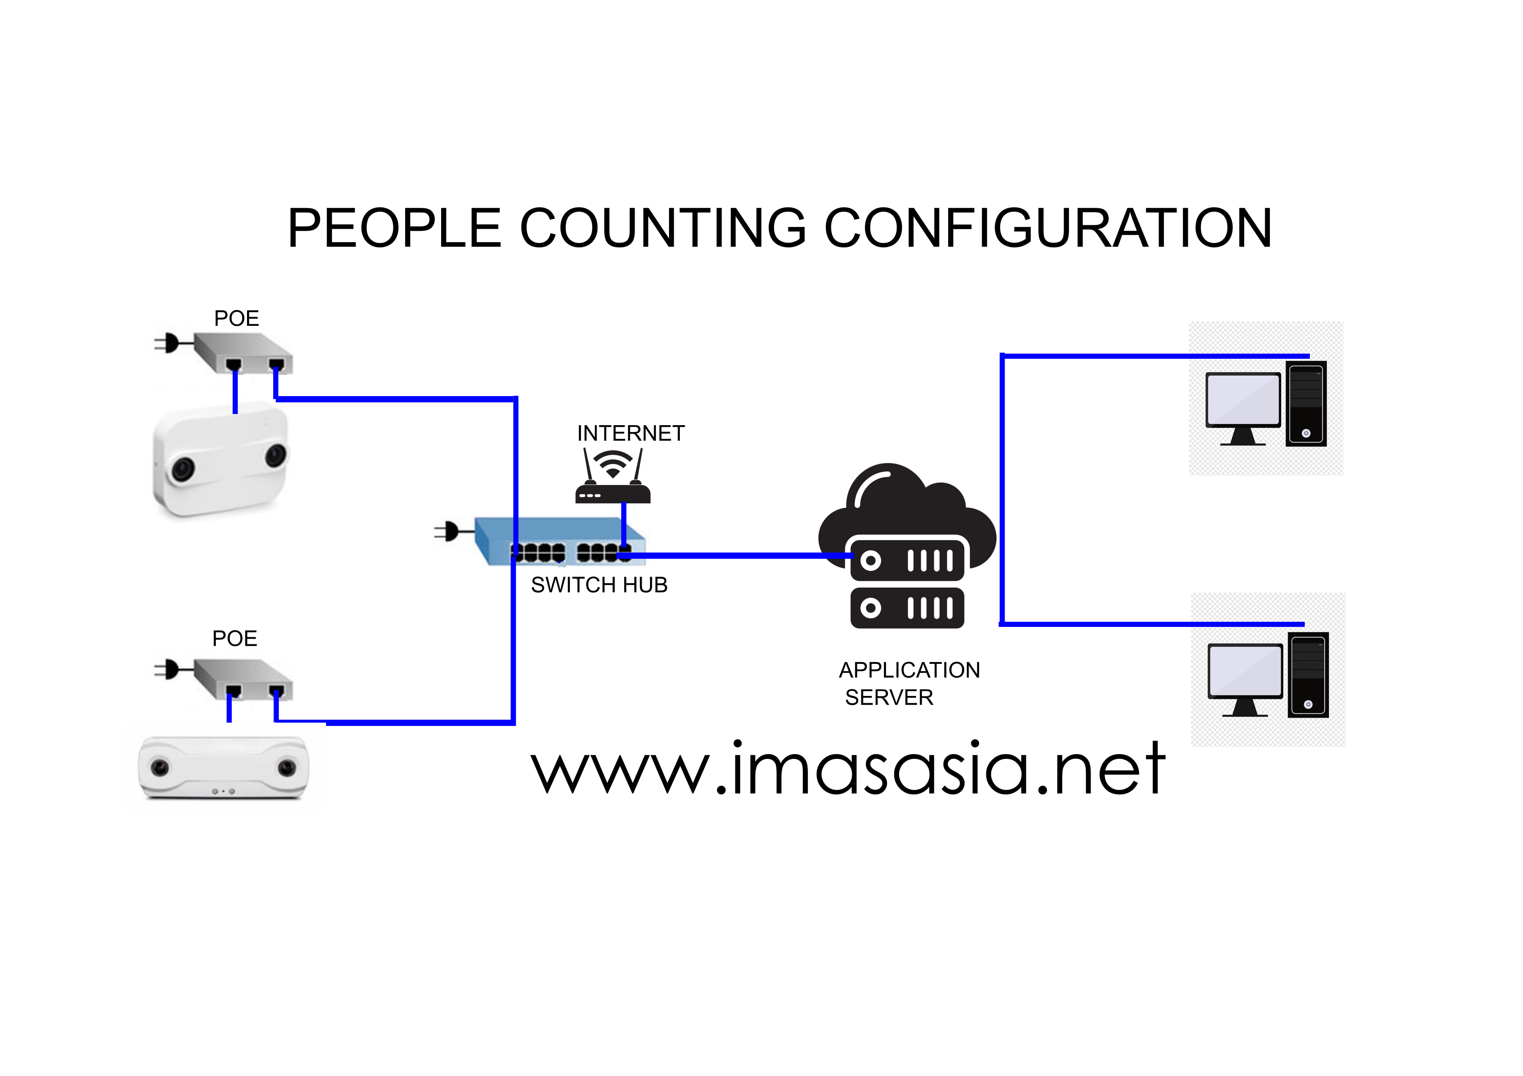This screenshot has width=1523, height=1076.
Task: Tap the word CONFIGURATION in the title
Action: (1048, 228)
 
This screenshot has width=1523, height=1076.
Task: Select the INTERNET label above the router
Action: (630, 433)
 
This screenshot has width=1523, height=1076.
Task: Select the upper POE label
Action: (236, 319)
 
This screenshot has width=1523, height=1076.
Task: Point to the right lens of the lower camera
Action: (287, 768)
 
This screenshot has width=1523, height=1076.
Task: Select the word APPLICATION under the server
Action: (909, 670)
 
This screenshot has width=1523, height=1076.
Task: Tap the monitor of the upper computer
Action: (1243, 400)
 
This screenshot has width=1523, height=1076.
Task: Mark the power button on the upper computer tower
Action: (1305, 433)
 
